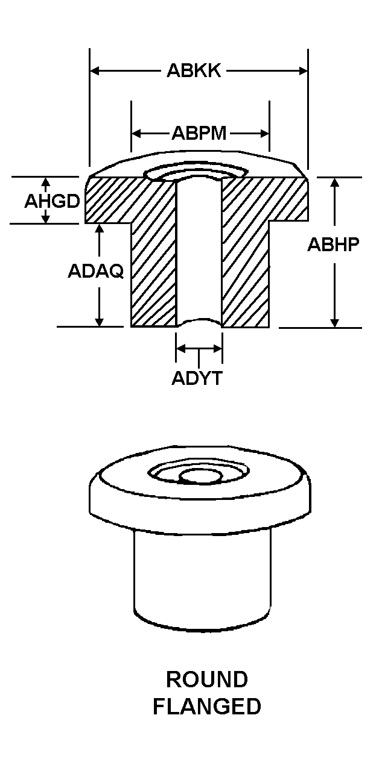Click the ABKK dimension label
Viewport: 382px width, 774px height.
194,71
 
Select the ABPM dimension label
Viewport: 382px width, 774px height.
199,133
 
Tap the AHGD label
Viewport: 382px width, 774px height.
52,201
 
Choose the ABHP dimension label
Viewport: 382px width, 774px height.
334,245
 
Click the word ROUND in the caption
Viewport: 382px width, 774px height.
207,679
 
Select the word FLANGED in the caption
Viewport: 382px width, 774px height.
206,707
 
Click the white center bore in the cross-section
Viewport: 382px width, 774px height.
199,253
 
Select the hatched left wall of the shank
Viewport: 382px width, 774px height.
153,271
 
